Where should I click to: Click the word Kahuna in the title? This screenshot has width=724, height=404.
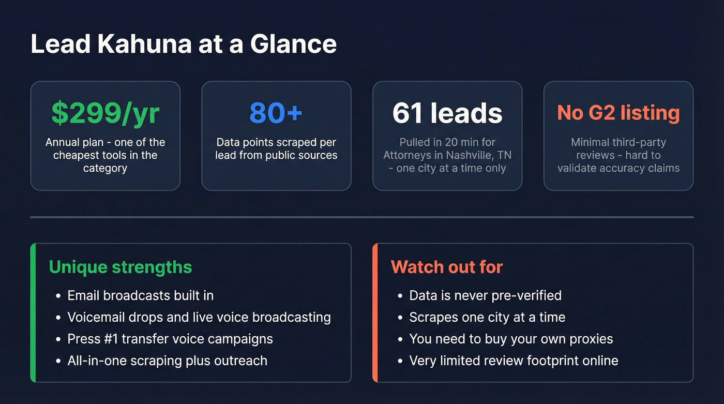click(144, 44)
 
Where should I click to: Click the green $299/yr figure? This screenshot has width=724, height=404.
click(105, 113)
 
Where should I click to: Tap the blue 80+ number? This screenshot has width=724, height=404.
click(276, 113)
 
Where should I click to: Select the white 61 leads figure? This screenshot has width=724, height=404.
click(447, 113)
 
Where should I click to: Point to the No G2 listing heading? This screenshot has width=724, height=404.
click(618, 113)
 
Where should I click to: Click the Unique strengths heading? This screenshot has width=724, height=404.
click(120, 267)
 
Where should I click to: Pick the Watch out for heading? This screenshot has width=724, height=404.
click(447, 267)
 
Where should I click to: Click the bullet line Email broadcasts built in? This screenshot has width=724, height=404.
click(140, 295)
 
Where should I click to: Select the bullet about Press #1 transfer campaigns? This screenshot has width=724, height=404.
click(170, 339)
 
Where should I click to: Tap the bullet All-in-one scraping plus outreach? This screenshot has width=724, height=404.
click(167, 361)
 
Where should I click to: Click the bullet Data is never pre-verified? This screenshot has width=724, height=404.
click(485, 295)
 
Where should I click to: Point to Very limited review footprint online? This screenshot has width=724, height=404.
click(514, 361)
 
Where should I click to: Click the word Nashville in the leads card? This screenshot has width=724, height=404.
click(472, 155)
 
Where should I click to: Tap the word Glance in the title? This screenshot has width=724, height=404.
click(293, 44)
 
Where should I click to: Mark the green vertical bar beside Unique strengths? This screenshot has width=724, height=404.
click(33, 312)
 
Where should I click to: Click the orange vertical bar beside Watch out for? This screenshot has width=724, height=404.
click(375, 312)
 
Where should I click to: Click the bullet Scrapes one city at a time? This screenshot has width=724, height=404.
click(487, 317)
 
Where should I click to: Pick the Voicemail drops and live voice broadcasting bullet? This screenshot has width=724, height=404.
click(199, 317)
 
